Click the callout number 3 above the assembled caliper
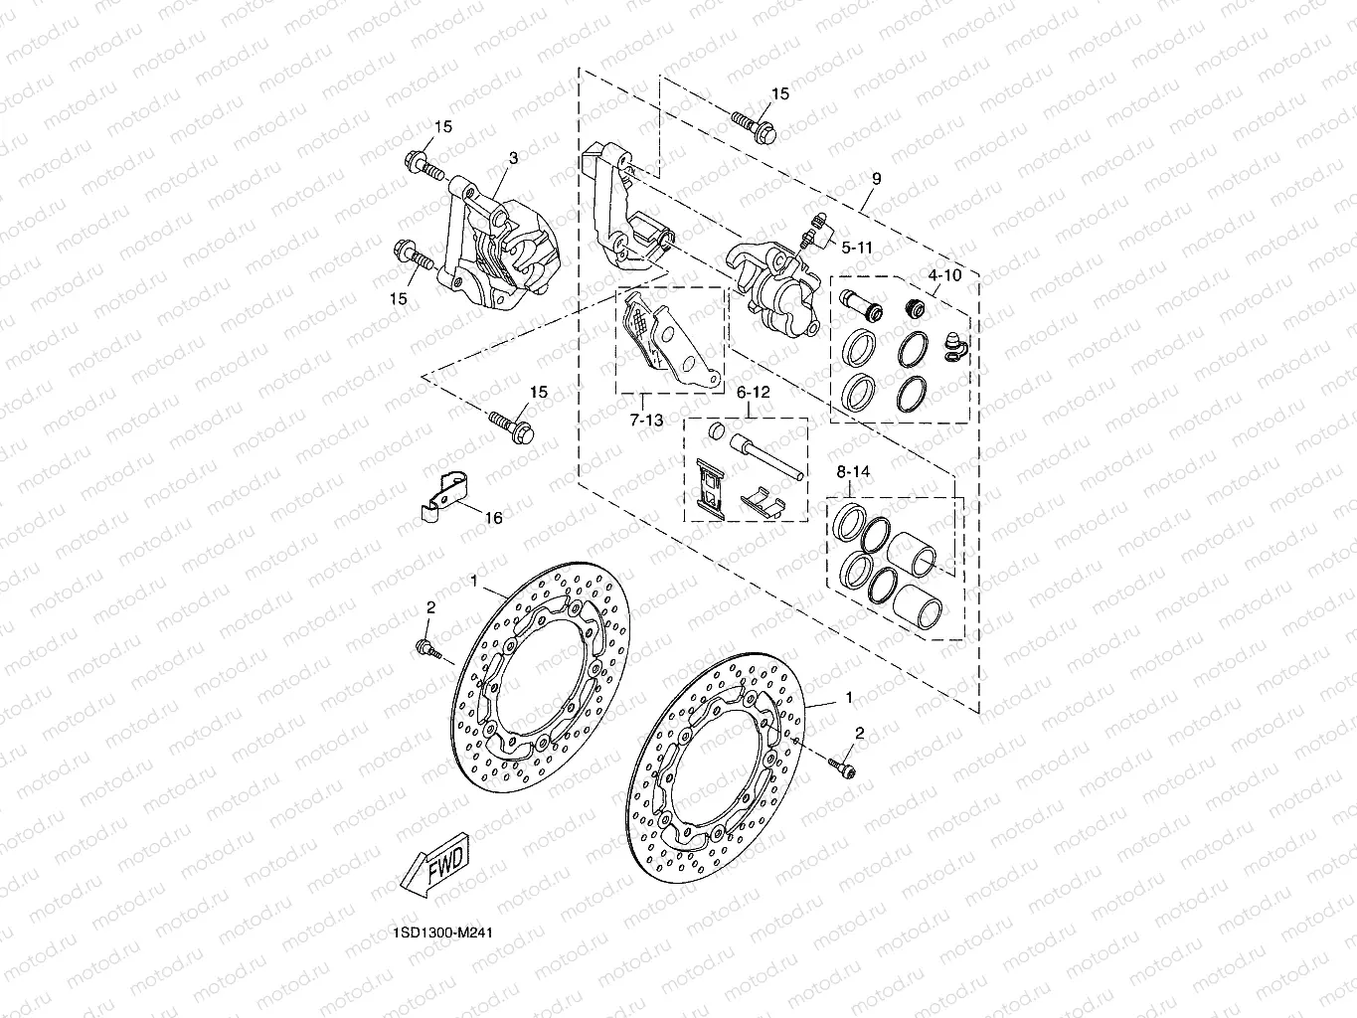pos(513,158)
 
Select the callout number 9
pos(876,179)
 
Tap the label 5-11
pos(856,247)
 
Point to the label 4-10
pos(944,274)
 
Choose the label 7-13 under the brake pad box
pos(646,421)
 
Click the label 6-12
pos(753,393)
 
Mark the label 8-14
pos(853,473)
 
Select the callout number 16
pos(493,518)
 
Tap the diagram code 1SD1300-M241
pos(442,933)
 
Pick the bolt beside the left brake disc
pos(429,650)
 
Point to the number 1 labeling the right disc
pos(848,698)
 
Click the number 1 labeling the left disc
pos(474,580)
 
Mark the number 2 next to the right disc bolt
pos(860,733)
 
